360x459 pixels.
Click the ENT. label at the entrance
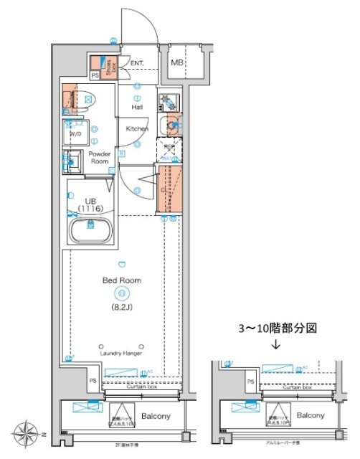(137, 63)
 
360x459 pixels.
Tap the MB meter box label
(176, 64)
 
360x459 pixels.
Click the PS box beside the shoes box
(95, 74)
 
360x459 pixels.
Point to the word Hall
(137, 107)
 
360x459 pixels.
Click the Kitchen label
(137, 129)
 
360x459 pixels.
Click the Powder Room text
(99, 158)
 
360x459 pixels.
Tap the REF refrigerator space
(169, 150)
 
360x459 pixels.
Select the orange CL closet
(170, 188)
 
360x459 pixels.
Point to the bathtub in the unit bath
(90, 231)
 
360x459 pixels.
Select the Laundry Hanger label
(121, 353)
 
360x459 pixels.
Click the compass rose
(30, 435)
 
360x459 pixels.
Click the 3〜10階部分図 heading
(276, 327)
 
